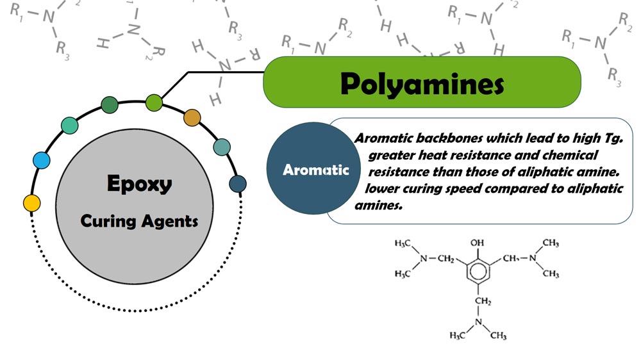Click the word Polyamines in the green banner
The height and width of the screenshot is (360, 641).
(x=422, y=83)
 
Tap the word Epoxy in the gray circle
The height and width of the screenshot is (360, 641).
(x=139, y=184)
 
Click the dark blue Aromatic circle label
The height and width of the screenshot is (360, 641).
(x=316, y=170)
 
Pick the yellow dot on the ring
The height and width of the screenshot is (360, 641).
(x=31, y=203)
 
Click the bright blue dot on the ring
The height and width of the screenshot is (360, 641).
(x=41, y=160)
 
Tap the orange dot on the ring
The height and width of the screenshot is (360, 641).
(x=192, y=118)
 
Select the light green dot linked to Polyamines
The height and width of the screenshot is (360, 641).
(x=154, y=101)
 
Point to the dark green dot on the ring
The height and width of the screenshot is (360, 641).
(x=110, y=105)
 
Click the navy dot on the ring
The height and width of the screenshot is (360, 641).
(x=238, y=184)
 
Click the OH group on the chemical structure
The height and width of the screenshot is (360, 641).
(x=478, y=243)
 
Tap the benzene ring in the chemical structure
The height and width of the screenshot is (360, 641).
(x=478, y=274)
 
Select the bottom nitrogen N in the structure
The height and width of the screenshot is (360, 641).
(x=478, y=322)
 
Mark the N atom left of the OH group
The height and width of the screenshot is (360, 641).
(x=422, y=259)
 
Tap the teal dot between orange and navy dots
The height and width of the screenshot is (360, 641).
(x=222, y=147)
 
